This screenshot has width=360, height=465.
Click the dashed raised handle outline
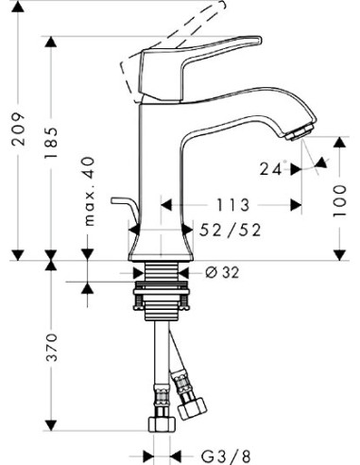click(x=165, y=33)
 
